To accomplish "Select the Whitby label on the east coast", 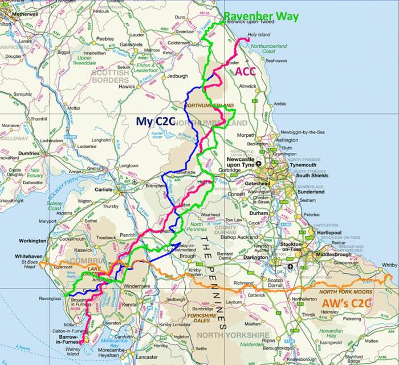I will pyautogui.click(x=389, y=265).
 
